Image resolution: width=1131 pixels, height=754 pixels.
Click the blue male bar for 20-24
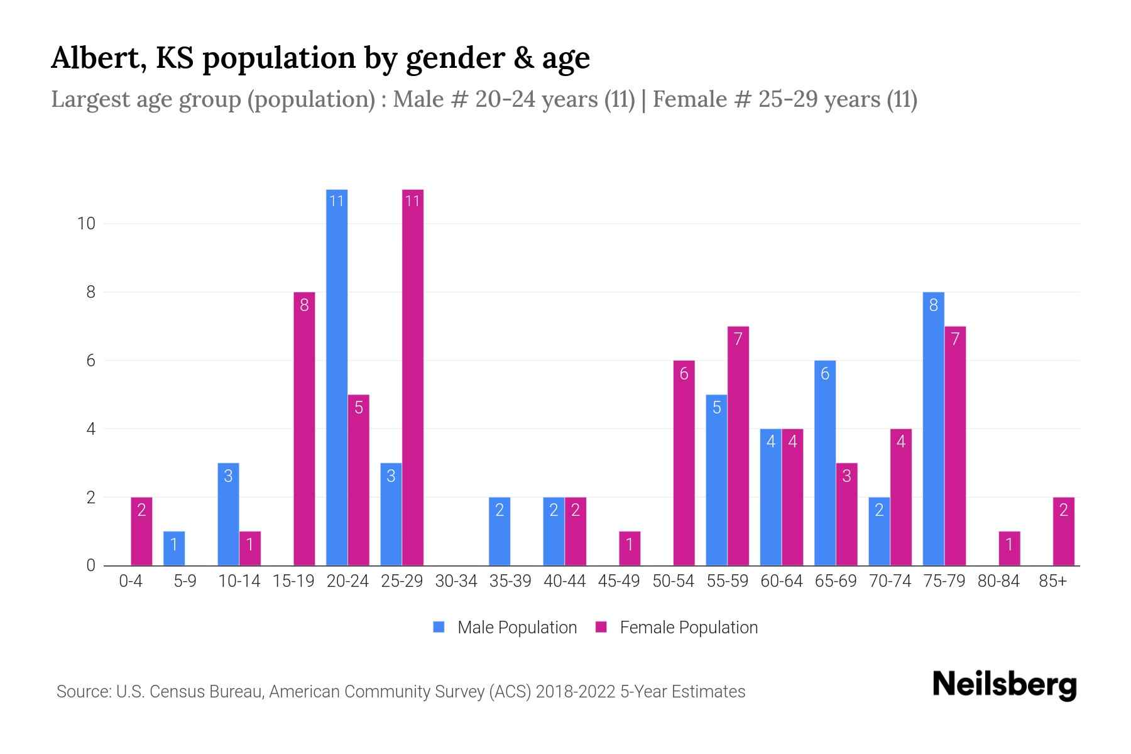(x=337, y=377)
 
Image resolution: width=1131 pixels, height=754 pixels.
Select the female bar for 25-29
(x=413, y=377)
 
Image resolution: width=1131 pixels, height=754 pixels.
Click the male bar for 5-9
(x=174, y=549)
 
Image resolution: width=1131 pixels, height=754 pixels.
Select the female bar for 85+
(x=1063, y=532)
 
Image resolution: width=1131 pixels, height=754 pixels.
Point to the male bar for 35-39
(x=500, y=532)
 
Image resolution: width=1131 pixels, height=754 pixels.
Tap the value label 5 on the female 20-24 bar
(x=359, y=408)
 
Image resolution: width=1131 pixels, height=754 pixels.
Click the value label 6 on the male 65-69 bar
(x=825, y=374)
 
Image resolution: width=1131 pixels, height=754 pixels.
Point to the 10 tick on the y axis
(x=86, y=224)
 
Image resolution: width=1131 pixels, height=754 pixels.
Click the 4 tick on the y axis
(x=91, y=429)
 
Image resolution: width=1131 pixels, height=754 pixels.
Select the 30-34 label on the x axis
(x=456, y=581)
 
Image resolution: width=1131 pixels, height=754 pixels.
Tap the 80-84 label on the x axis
(x=998, y=581)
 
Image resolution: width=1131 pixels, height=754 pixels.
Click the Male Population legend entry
(x=505, y=627)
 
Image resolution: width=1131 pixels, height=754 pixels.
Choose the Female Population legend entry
(x=677, y=627)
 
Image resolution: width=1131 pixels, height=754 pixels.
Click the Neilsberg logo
(x=1004, y=684)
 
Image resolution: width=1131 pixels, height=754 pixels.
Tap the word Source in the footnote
(x=82, y=692)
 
